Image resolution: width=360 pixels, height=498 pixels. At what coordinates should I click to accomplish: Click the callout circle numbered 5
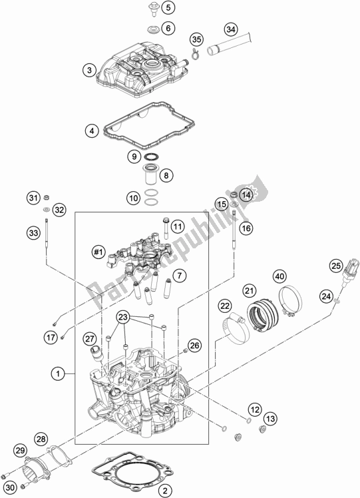pyautogui.click(x=168, y=8)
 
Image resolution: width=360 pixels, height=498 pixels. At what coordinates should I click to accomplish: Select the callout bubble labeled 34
pyautogui.click(x=230, y=30)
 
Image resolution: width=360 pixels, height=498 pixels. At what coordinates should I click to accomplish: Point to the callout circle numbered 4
pyautogui.click(x=92, y=131)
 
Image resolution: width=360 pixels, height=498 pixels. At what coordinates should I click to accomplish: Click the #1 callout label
pyautogui.click(x=98, y=252)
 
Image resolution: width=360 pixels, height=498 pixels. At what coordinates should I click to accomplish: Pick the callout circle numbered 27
pyautogui.click(x=90, y=338)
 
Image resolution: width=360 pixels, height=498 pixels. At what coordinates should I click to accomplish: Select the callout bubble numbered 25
pyautogui.click(x=335, y=266)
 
